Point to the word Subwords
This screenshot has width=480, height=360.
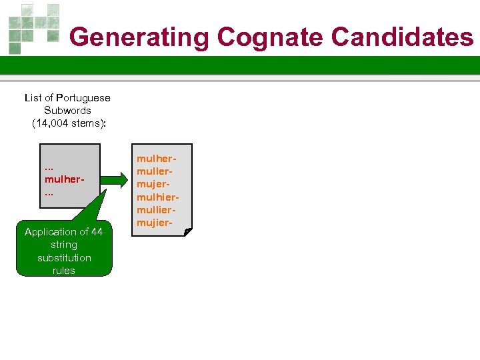tap(67, 111)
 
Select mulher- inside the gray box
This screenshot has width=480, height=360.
tap(63, 179)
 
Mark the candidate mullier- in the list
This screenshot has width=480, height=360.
tap(157, 210)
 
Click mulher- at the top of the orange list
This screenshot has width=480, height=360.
tap(157, 159)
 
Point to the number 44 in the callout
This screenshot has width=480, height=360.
tap(97, 232)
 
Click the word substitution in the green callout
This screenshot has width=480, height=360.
tap(64, 258)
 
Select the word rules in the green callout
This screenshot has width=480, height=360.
tap(64, 271)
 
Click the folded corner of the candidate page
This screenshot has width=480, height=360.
tap(188, 231)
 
